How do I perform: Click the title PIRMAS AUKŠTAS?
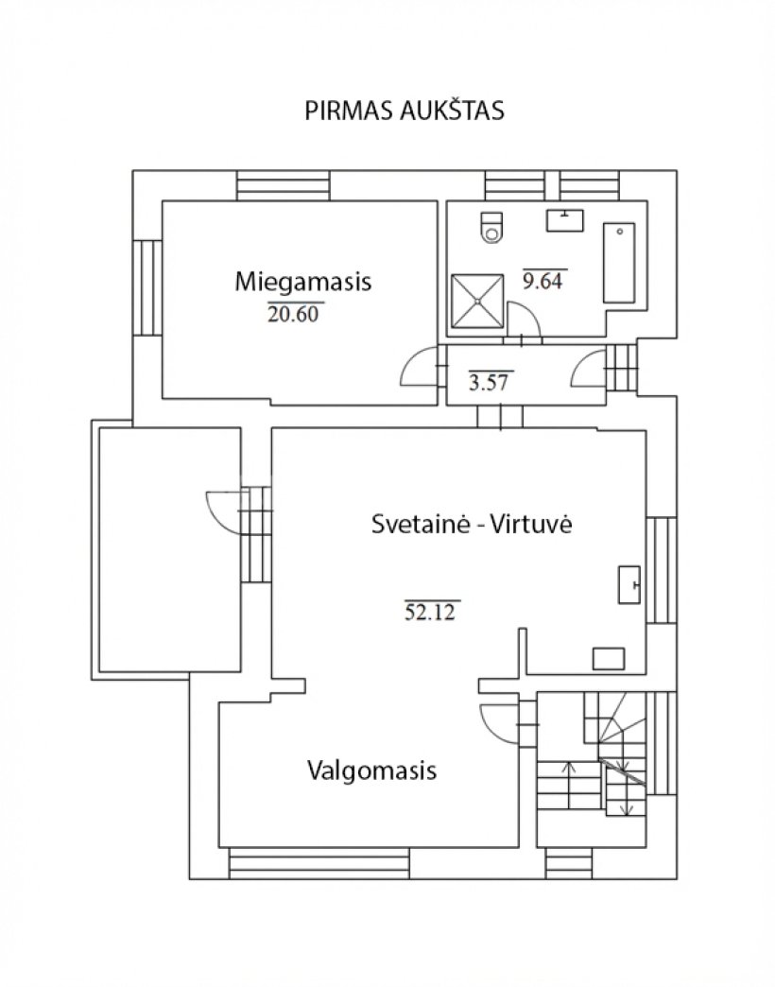coord(404,111)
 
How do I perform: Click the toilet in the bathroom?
coord(492,228)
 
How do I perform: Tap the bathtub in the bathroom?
coord(620,262)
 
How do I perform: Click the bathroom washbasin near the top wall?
coord(566,219)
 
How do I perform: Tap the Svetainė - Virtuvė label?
coord(473,527)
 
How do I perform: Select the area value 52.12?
coord(430,612)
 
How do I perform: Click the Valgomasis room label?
coord(371,770)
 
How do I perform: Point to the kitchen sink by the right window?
coord(629,583)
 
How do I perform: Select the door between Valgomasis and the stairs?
coord(497,725)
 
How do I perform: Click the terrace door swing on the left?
coord(222,511)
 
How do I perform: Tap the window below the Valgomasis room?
coord(319,862)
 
